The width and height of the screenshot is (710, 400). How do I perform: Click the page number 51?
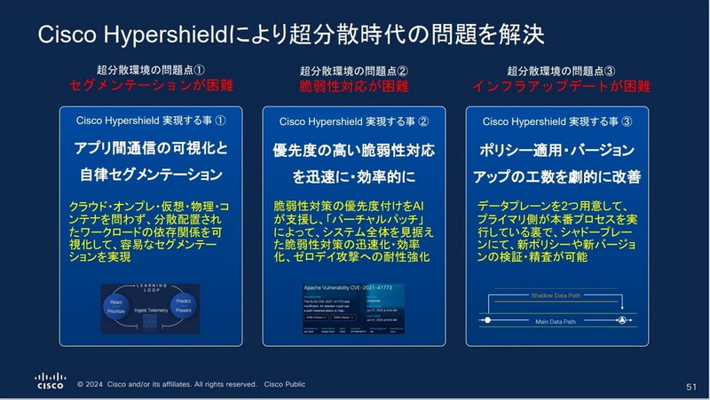[691, 387]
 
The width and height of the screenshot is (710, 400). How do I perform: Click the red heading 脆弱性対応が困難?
[353, 86]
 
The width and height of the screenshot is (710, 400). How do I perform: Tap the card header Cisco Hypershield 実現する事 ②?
[354, 122]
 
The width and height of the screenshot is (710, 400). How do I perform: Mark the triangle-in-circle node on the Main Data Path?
[621, 318]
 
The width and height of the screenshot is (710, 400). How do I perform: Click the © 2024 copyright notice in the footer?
[169, 386]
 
